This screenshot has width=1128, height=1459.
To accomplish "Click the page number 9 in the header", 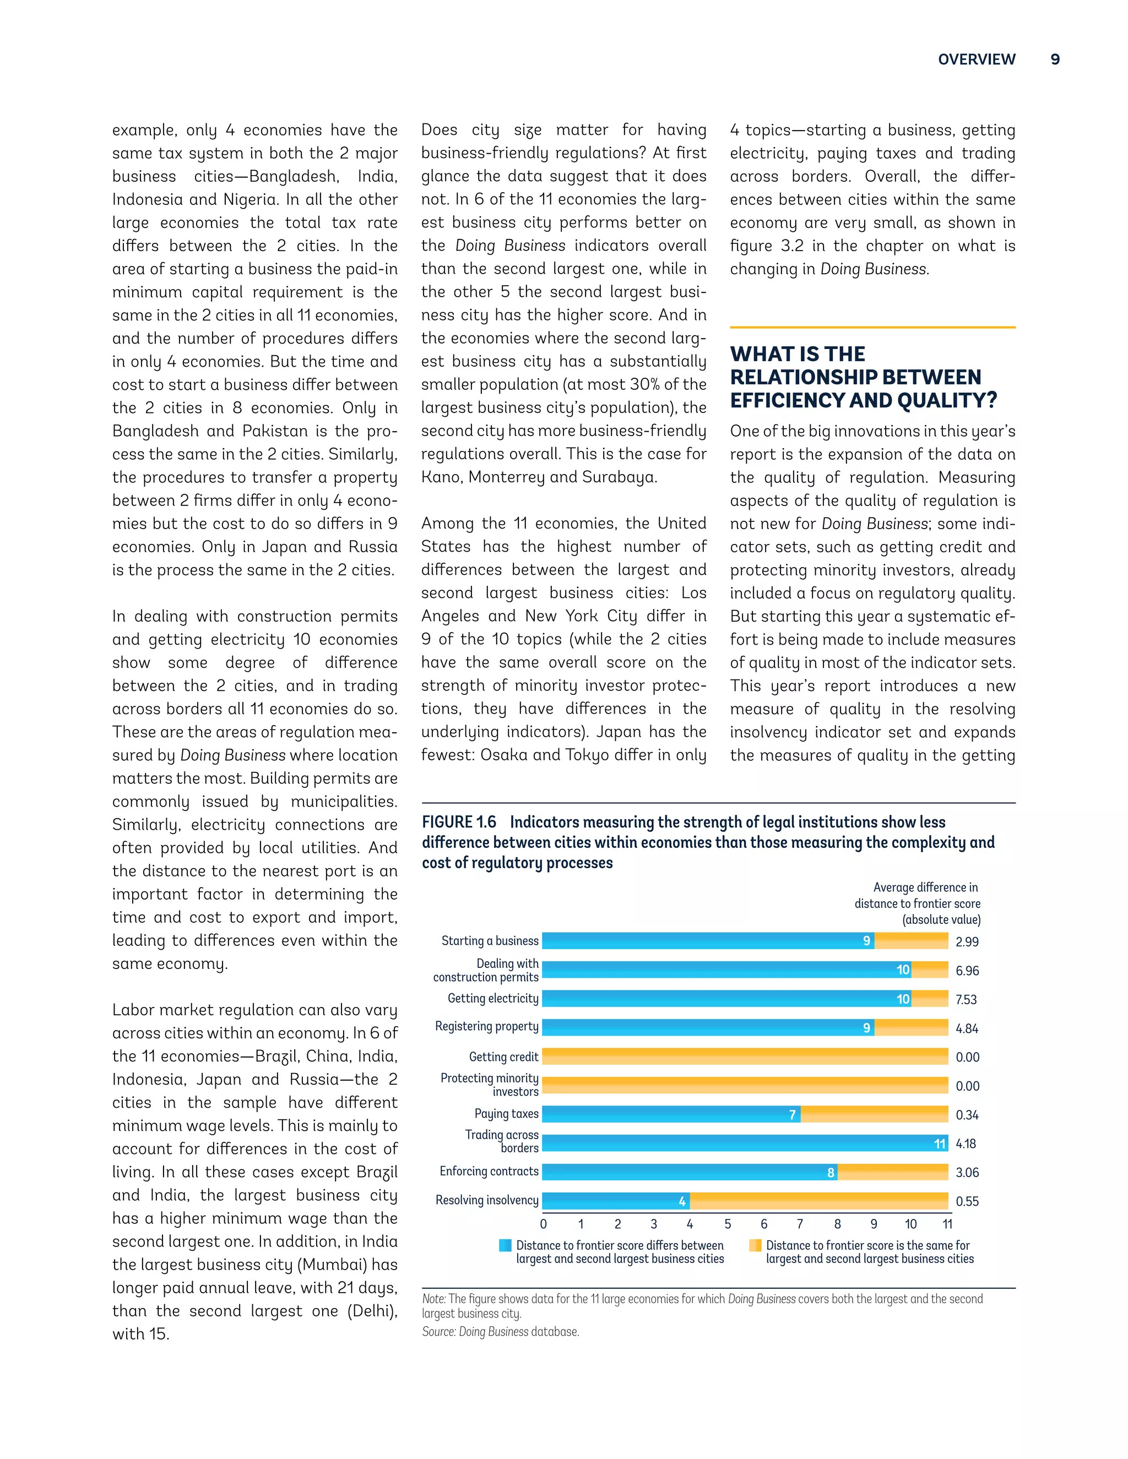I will click(x=1055, y=59).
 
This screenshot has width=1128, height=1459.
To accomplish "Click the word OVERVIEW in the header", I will click(x=977, y=59).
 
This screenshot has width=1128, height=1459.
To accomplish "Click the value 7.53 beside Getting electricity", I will click(x=966, y=999).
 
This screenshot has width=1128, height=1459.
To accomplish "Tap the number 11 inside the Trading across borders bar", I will click(x=940, y=1144).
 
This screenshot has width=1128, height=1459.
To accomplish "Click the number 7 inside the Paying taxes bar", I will click(x=793, y=1114).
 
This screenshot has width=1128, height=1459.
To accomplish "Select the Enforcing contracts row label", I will click(x=489, y=1171).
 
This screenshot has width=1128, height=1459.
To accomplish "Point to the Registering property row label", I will click(x=486, y=1026).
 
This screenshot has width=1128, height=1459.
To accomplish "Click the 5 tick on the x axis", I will click(x=728, y=1224).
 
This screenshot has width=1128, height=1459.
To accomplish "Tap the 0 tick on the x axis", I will click(x=543, y=1224).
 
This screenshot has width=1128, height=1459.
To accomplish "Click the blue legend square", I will click(x=505, y=1245).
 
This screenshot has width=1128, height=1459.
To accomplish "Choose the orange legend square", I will click(x=755, y=1245).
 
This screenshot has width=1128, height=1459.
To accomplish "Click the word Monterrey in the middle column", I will click(x=514, y=477).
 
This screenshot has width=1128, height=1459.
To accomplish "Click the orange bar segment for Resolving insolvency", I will click(x=818, y=1200).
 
